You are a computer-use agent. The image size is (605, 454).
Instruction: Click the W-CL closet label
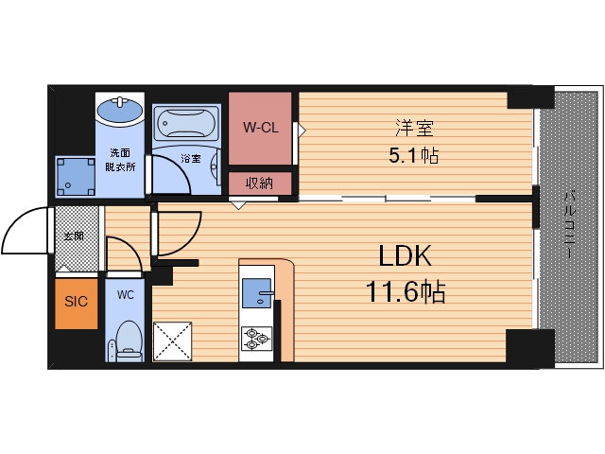(x=261, y=127)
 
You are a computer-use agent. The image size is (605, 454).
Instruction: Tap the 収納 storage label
(x=260, y=183)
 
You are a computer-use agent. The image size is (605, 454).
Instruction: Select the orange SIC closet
(x=76, y=304)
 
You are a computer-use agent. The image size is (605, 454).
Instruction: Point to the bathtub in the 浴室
(x=186, y=123)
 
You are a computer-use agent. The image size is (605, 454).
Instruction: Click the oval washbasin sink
(x=120, y=110)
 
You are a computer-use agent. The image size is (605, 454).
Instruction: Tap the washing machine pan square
(x=76, y=177)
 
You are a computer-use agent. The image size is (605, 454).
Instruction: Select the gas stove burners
(x=256, y=339)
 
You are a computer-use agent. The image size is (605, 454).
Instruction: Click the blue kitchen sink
(x=257, y=293)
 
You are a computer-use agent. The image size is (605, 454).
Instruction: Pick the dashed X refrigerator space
(x=172, y=341)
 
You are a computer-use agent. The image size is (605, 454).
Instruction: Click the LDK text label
(x=405, y=255)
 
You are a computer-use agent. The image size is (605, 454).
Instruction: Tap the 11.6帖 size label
(x=406, y=291)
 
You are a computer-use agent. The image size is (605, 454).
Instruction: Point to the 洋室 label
(x=414, y=128)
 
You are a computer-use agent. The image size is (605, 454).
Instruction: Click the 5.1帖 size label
(x=414, y=155)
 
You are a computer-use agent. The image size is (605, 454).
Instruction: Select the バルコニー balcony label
(x=570, y=225)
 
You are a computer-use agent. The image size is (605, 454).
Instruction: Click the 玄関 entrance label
(x=74, y=236)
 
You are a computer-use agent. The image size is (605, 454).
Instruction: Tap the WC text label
(x=126, y=295)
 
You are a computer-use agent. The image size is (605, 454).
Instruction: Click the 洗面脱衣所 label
(x=120, y=160)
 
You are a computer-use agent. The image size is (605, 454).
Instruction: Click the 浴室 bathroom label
(x=191, y=158)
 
